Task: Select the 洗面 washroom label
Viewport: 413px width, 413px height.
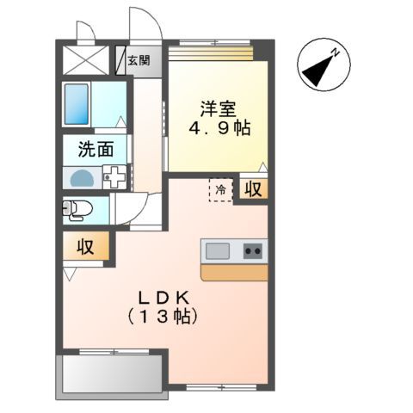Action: click(x=96, y=149)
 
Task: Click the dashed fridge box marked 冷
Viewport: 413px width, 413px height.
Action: click(x=220, y=189)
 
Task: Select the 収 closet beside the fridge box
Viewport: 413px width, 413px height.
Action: click(x=250, y=189)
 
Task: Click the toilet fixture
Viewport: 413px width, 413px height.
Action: click(x=78, y=208)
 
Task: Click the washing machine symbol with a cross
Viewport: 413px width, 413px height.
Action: click(x=114, y=178)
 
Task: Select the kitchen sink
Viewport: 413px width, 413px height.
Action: click(x=217, y=251)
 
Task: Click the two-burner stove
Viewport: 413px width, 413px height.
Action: click(x=252, y=251)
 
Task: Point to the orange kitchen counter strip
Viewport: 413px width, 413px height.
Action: click(x=233, y=272)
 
